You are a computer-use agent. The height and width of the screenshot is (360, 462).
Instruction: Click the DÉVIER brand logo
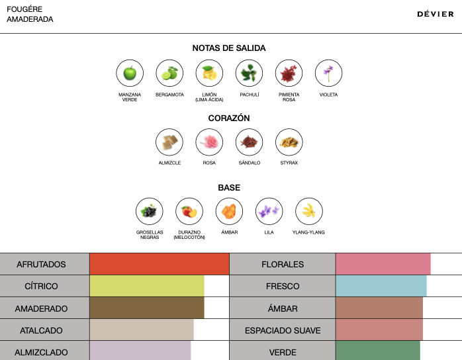tap(436, 14)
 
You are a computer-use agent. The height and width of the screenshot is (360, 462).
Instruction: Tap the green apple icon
tap(130, 73)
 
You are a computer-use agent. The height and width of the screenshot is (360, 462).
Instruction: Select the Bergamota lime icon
tap(169, 73)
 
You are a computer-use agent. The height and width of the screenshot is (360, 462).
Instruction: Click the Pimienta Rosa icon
tap(289, 73)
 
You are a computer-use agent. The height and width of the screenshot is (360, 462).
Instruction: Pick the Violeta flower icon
tap(328, 73)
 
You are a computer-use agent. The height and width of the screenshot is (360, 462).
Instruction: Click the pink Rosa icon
tap(209, 142)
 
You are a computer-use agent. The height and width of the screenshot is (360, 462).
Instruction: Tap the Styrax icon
tap(289, 142)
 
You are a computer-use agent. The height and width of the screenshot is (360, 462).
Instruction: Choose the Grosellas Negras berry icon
tap(150, 211)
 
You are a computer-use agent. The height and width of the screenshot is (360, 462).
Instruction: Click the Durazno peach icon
tap(189, 211)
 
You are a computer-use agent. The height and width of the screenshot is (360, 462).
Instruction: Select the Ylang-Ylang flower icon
tap(308, 211)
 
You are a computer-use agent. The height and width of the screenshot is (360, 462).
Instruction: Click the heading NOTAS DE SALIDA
tap(229, 48)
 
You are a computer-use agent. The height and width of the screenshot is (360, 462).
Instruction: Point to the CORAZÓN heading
tap(229, 118)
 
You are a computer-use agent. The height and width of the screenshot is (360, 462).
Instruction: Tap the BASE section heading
tap(229, 188)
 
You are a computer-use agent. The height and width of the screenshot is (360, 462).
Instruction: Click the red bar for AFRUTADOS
tap(159, 264)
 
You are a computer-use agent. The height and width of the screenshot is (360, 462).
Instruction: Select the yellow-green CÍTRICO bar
tap(147, 287)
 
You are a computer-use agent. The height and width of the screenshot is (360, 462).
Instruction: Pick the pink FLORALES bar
tap(383, 264)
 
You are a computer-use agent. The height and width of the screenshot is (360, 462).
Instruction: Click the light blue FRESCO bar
tap(381, 287)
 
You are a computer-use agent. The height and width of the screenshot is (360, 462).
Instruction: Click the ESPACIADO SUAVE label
tap(283, 330)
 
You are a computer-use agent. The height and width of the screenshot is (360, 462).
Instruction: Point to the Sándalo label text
tap(249, 163)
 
